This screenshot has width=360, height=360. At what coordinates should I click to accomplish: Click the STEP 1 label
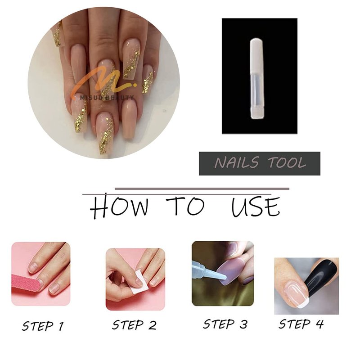point(43,326)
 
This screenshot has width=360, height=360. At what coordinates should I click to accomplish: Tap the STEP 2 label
point(134,325)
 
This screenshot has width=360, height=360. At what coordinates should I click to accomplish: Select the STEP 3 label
point(225,324)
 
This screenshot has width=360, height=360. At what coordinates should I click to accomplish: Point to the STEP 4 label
point(301,324)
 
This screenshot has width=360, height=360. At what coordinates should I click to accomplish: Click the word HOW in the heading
point(119,206)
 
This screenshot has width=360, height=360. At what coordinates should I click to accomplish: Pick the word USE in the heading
point(256,207)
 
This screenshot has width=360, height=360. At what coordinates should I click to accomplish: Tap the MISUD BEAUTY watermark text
point(107,98)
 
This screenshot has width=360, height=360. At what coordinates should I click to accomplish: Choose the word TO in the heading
point(185,206)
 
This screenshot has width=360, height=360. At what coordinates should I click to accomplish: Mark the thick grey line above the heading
point(202,189)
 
